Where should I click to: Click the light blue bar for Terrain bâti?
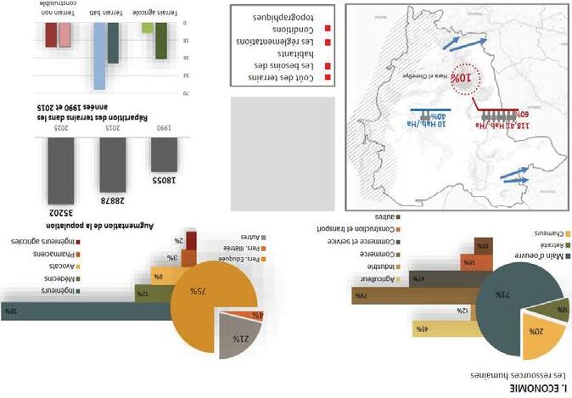click(x=100, y=56)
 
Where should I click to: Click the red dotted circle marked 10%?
click(x=463, y=79)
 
